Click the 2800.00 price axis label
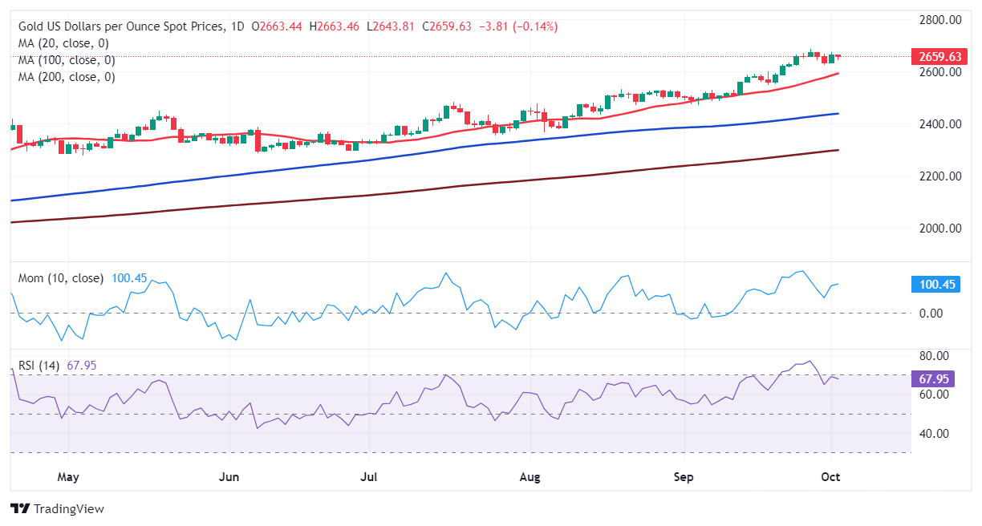pyautogui.click(x=940, y=19)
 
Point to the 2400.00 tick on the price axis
pyautogui.click(x=940, y=123)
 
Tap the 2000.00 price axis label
pyautogui.click(x=940, y=229)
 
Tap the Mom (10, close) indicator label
pyautogui.click(x=61, y=278)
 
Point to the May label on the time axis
pyautogui.click(x=68, y=478)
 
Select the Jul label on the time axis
pyautogui.click(x=369, y=478)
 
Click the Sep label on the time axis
pyautogui.click(x=683, y=478)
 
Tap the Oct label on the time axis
pyautogui.click(x=830, y=478)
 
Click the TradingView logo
pyautogui.click(x=57, y=508)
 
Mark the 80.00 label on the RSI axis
pyautogui.click(x=934, y=356)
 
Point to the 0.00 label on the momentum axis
pyautogui.click(x=931, y=313)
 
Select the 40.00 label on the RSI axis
pyautogui.click(x=934, y=434)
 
